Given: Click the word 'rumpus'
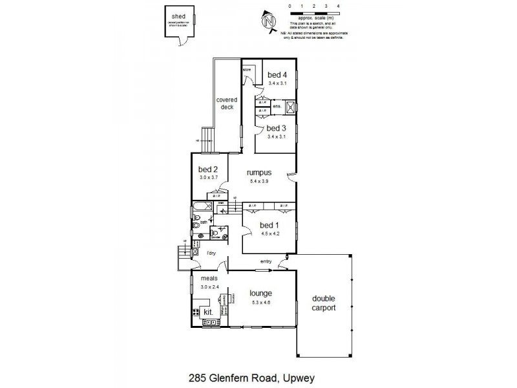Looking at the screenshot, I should [x=258, y=173].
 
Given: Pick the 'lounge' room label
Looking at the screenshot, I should [x=260, y=293].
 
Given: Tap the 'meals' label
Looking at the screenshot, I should [x=208, y=279].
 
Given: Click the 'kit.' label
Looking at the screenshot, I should [x=209, y=312].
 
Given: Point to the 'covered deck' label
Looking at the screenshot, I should [x=227, y=103].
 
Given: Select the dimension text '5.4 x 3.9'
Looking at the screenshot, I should [x=258, y=182].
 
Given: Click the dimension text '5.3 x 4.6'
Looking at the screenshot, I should [x=260, y=302].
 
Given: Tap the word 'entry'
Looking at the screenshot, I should [x=266, y=261].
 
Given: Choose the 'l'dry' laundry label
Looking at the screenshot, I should [x=211, y=253].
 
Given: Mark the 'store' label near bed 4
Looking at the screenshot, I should [x=246, y=69].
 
